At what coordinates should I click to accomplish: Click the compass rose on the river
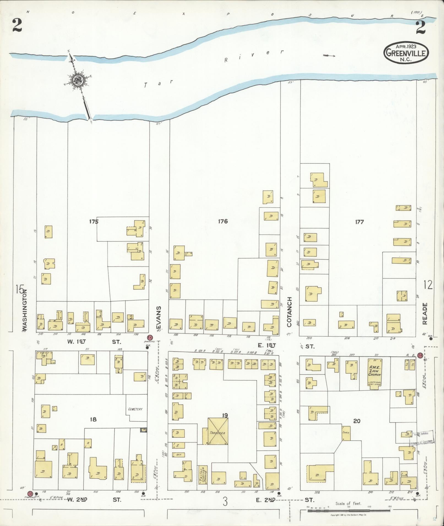[78, 81]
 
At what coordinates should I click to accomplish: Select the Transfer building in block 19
[218, 433]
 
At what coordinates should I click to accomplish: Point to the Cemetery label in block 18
[135, 409]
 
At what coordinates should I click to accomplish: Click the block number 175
[94, 221]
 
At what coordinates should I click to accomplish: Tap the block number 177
[359, 222]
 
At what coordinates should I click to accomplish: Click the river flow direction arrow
[329, 56]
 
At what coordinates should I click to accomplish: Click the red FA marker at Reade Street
[420, 355]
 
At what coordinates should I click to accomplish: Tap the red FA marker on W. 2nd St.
[30, 494]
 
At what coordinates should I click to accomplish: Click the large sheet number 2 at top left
[17, 26]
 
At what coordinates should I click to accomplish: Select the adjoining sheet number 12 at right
[428, 285]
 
